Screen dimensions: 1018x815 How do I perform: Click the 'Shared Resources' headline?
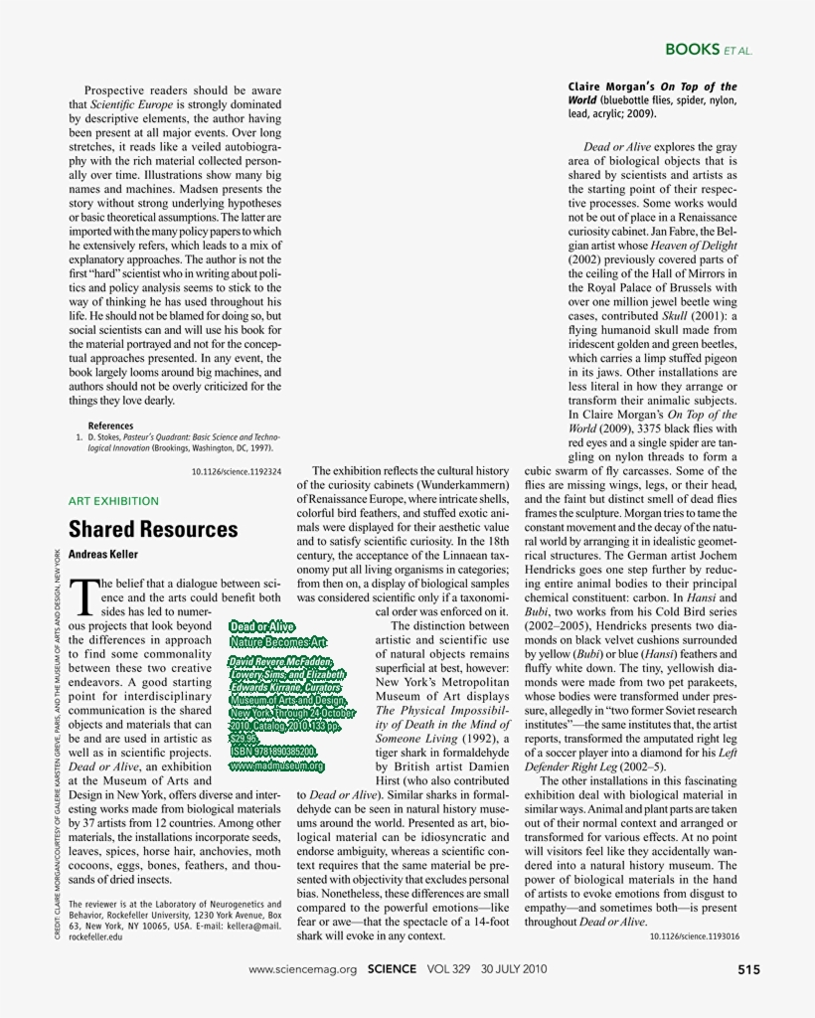tap(153, 529)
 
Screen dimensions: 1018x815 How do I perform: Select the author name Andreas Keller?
tap(103, 555)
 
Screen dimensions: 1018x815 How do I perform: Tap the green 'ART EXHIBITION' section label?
tap(113, 501)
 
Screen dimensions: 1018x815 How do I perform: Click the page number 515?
tap(749, 968)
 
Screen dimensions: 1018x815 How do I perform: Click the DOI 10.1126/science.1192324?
tap(236, 471)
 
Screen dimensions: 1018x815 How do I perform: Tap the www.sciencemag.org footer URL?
tap(302, 969)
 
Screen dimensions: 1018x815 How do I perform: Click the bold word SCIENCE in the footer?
tap(397, 968)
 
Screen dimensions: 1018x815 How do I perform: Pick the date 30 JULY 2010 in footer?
tap(514, 968)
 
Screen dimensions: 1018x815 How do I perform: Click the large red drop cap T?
tap(85, 596)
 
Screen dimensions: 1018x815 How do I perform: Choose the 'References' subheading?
tap(110, 425)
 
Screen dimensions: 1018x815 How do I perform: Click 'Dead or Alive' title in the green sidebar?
tap(261, 626)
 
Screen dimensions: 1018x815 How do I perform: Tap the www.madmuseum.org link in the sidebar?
tap(276, 765)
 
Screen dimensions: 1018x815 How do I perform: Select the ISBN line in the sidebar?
tap(272, 752)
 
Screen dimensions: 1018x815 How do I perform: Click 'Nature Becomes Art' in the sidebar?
tap(277, 642)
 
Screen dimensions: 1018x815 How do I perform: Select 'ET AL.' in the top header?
tap(738, 50)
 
